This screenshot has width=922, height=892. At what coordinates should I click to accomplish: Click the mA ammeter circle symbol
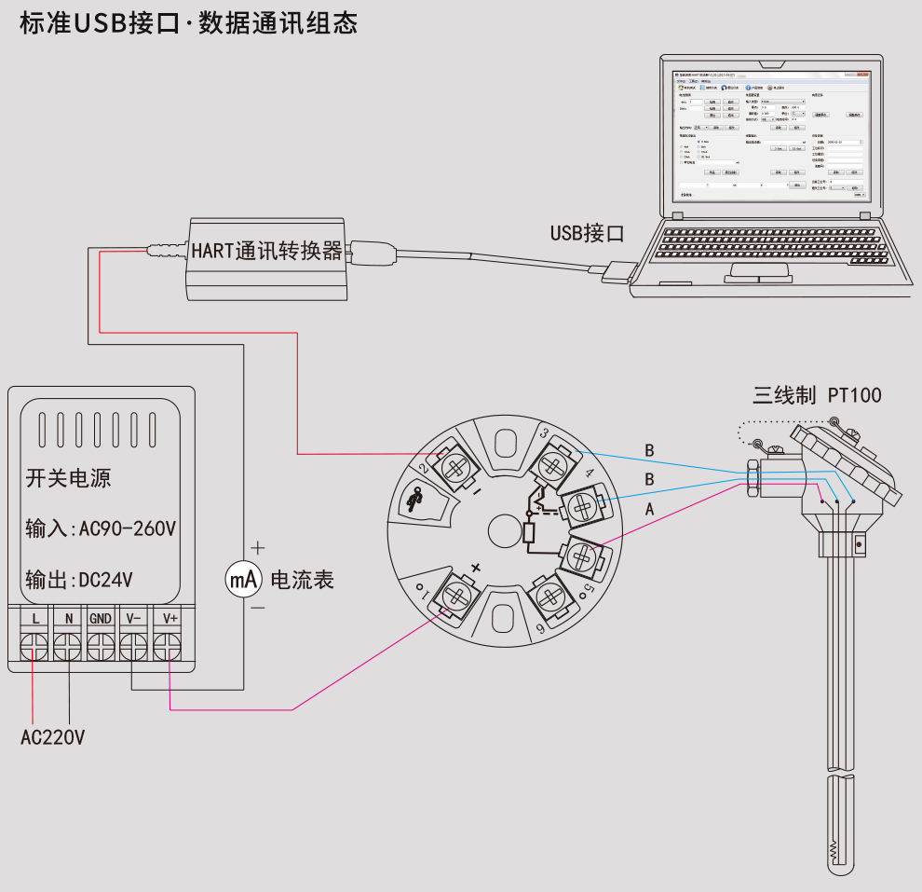244,580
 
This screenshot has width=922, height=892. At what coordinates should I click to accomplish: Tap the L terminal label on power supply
35,618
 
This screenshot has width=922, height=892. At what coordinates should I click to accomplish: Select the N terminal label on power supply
69,618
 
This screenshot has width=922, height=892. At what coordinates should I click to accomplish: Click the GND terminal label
101,618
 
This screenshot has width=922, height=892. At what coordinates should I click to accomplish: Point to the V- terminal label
134,618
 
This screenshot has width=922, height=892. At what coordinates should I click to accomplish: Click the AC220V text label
53,738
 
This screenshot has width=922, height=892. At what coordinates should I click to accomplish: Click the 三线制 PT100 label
817,395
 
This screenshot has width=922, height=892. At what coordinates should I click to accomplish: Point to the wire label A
649,509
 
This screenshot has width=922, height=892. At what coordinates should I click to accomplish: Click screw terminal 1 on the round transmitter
455,596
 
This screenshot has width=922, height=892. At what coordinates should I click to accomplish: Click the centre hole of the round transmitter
505,530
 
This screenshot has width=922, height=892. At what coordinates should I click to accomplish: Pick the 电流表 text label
302,580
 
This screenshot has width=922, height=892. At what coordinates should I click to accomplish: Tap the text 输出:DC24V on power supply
79,580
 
